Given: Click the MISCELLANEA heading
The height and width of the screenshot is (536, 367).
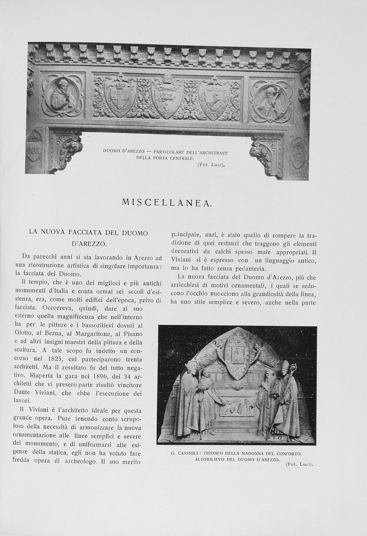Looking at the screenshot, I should [167, 202].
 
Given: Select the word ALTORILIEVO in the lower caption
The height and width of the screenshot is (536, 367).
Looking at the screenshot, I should [212, 460].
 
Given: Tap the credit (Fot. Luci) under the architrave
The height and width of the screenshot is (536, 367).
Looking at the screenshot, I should [211, 165].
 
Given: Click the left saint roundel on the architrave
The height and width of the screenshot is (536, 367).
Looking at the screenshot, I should [63, 95].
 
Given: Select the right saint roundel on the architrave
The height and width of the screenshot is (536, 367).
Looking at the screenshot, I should [271, 100].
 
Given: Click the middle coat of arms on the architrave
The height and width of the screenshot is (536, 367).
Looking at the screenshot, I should [167, 97].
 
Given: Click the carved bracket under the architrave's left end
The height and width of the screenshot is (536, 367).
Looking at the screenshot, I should [65, 150].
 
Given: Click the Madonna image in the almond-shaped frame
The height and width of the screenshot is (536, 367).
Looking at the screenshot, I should [237, 353].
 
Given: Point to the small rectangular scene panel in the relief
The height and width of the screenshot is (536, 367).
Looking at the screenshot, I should [236, 407].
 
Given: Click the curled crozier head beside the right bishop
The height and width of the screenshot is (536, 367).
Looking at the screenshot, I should [293, 368].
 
